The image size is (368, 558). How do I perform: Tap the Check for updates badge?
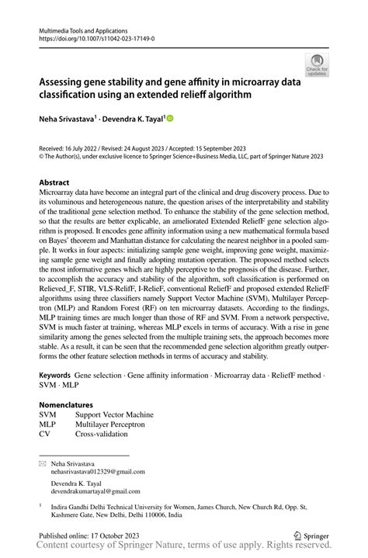(x=317, y=64)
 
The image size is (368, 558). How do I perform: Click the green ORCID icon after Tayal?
(x=170, y=119)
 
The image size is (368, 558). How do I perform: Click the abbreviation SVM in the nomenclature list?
(x=49, y=414)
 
